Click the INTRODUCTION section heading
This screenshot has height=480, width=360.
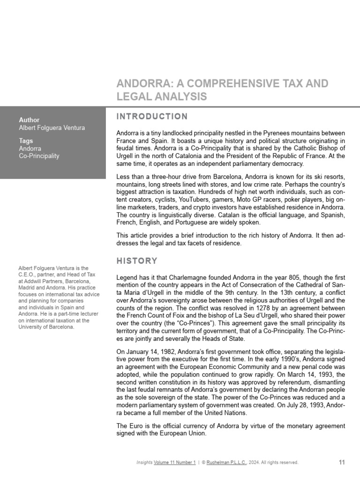152,117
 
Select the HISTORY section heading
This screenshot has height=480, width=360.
137,261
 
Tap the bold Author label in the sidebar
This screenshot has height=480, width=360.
29,120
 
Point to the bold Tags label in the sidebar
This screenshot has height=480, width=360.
26,141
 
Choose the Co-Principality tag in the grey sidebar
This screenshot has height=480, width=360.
39,156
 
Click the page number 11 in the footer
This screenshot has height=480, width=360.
342,462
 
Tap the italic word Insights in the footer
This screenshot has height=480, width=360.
144,463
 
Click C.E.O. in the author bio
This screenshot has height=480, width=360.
27,275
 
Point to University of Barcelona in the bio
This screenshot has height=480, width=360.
46,327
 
